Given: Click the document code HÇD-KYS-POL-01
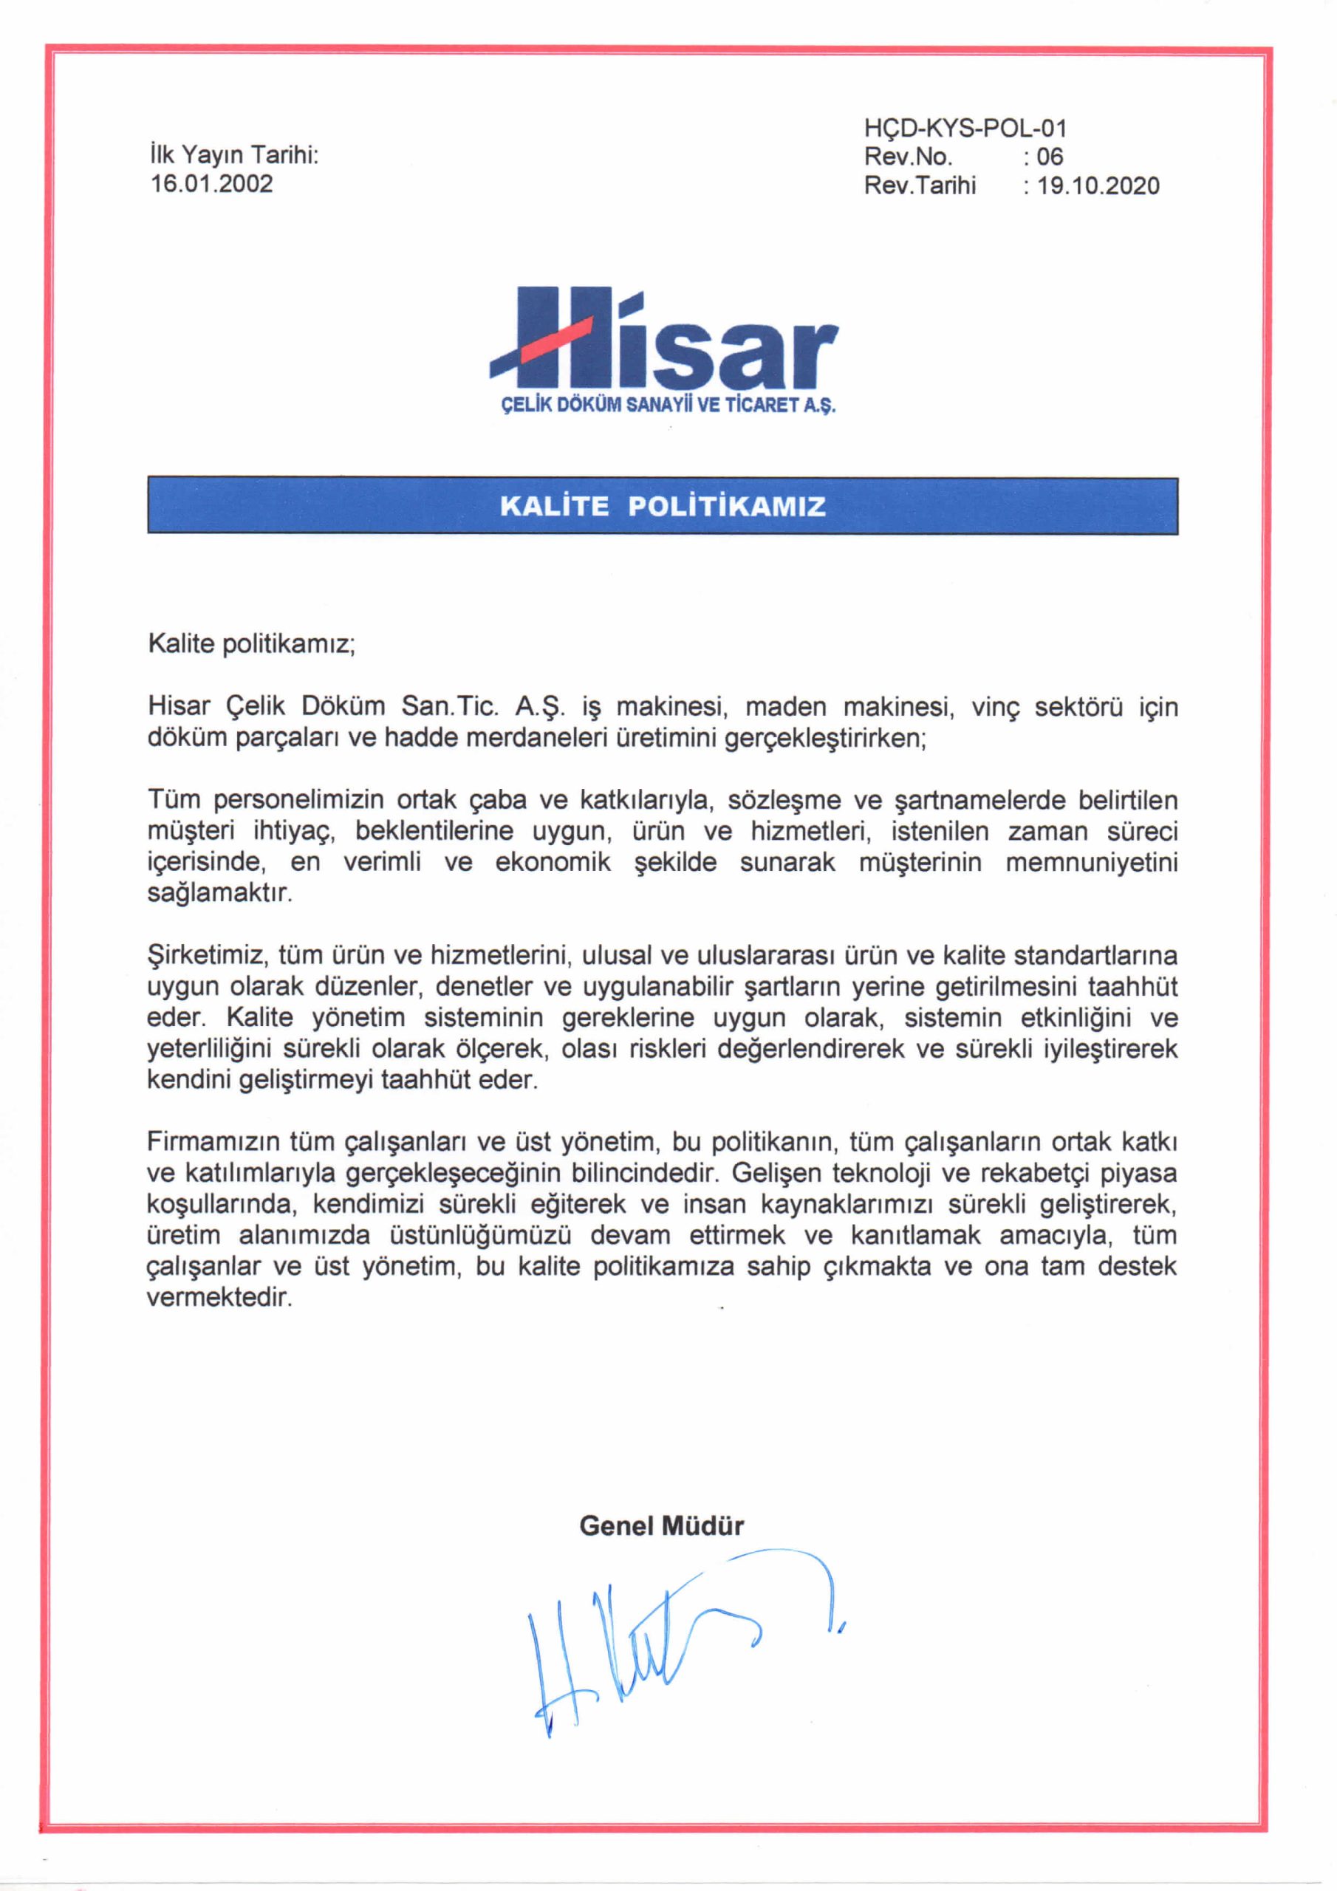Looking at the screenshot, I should pyautogui.click(x=965, y=128).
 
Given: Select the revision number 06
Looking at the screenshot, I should pyautogui.click(x=1050, y=157).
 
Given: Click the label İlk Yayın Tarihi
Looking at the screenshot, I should pyautogui.click(x=234, y=155).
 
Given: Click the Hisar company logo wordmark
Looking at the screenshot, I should pyautogui.click(x=664, y=342).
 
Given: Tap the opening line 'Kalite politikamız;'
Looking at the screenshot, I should pyautogui.click(x=251, y=643).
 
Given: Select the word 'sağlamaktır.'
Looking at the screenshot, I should pyautogui.click(x=220, y=894).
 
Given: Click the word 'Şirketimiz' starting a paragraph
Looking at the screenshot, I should pyautogui.click(x=208, y=955).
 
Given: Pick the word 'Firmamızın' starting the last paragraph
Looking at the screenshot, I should pyautogui.click(x=214, y=1141).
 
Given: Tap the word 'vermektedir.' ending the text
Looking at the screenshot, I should pyautogui.click(x=220, y=1298).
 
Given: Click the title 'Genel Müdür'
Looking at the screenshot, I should pyautogui.click(x=662, y=1525).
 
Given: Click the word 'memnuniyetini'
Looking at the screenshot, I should pyautogui.click(x=1092, y=862).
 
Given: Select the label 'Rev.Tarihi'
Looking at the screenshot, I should pyautogui.click(x=920, y=185).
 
